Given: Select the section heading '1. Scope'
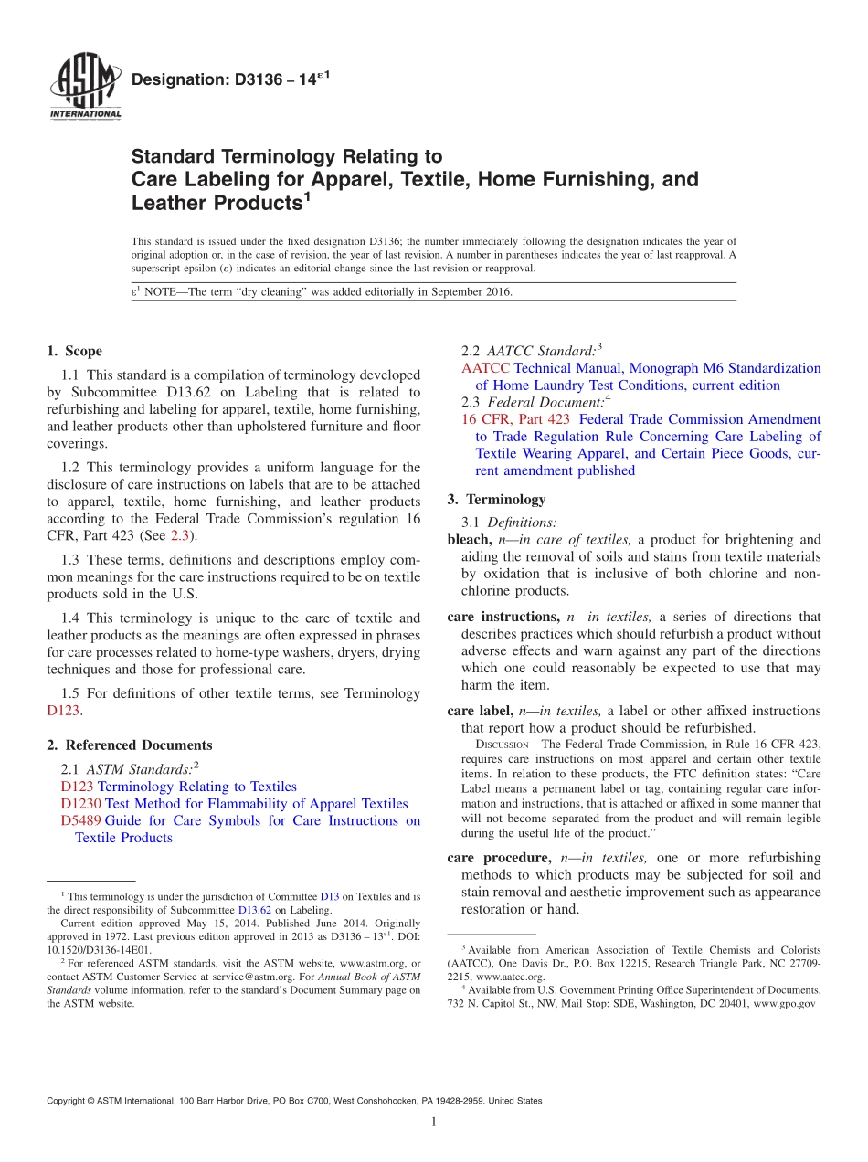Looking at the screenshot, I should click(74, 351).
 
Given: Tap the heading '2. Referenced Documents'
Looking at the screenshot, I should click(130, 745).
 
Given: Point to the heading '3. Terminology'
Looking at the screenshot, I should click(496, 500).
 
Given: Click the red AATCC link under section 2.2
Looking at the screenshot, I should click(485, 368).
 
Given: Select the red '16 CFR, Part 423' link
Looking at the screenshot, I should click(515, 419).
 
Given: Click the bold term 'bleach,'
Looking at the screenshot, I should click(470, 540).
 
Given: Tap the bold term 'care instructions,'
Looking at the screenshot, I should click(503, 617).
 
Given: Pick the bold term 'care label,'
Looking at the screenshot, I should click(480, 711).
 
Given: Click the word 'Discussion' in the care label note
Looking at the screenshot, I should click(492, 745).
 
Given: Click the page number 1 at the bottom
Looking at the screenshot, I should click(434, 1122).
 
